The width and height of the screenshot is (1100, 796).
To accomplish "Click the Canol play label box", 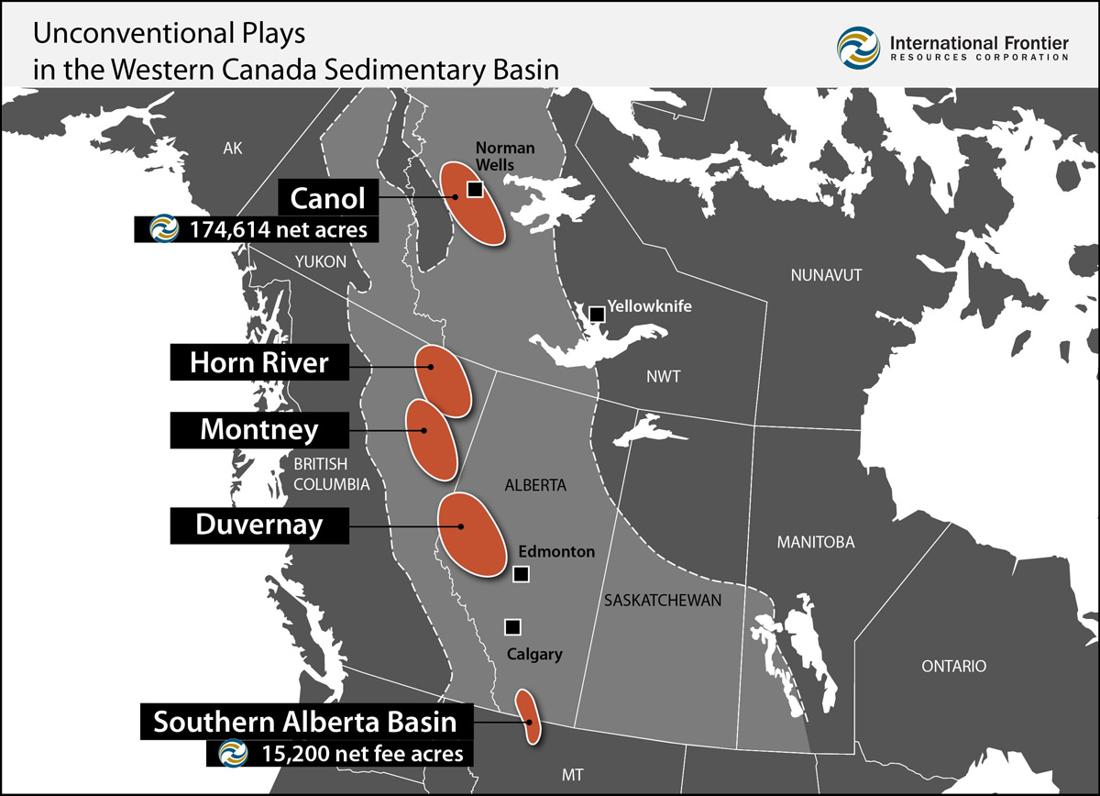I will tap(327, 197).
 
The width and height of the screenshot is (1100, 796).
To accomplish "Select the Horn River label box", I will tap(258, 362).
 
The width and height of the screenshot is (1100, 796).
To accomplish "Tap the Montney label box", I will tap(258, 429).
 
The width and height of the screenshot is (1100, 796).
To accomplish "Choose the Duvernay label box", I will tap(258, 525).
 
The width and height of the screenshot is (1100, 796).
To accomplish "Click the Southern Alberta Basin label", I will tap(304, 722).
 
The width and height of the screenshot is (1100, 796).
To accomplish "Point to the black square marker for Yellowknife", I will tap(597, 314).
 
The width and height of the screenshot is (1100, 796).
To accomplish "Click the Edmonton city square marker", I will tap(521, 574).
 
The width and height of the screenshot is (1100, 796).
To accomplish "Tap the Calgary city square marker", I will tap(512, 627).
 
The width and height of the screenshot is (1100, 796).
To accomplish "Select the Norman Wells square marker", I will tap(474, 189).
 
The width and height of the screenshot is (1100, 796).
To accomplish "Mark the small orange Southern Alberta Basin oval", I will tap(527, 716).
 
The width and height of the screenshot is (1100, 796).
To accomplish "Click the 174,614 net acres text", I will tap(278, 229).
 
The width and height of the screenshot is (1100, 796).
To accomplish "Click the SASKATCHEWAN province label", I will tap(663, 601).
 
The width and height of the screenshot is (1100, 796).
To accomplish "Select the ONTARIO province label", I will tap(954, 666).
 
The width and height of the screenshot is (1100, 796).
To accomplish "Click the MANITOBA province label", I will tap(815, 542).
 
